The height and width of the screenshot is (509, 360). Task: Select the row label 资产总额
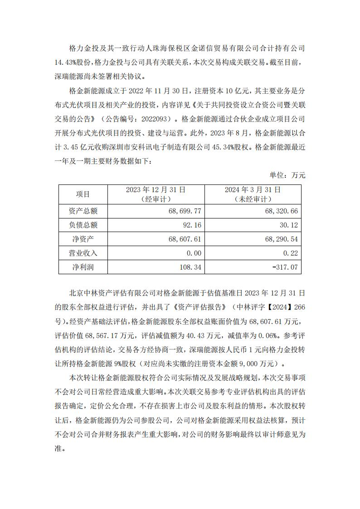click(83, 211)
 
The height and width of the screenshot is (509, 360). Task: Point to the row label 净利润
click(83, 267)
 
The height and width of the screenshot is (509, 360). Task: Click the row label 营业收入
click(83, 253)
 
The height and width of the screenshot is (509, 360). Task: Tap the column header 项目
click(83, 194)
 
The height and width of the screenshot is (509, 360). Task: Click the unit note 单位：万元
click(287, 175)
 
